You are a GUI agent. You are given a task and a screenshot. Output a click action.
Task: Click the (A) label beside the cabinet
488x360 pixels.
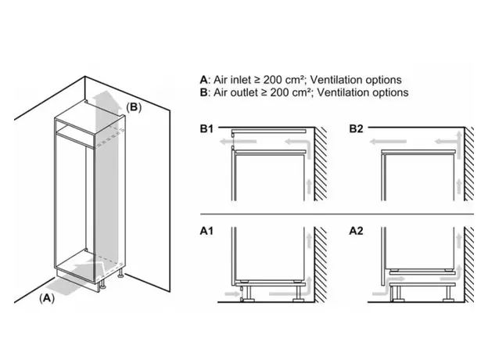[x=48, y=297]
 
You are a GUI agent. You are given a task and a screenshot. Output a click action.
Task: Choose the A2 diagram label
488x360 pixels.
[x=357, y=232]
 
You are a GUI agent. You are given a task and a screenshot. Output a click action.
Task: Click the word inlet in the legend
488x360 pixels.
[x=241, y=80]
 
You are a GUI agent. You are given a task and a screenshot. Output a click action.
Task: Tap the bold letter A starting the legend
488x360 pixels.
[x=204, y=80]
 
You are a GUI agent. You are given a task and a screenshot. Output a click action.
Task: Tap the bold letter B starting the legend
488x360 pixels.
[x=204, y=92]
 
